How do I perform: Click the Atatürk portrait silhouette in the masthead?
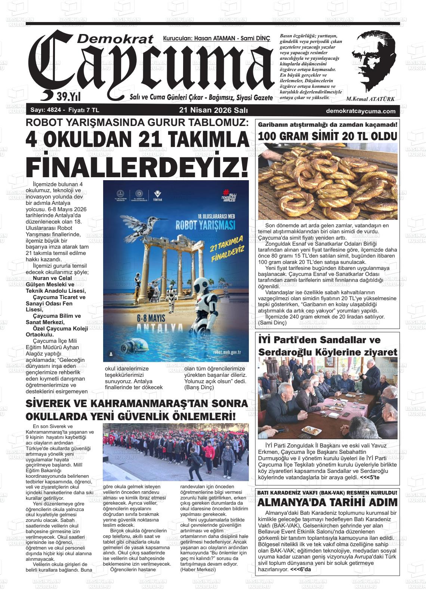pos(374,62)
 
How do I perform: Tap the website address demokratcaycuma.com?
pos(361,111)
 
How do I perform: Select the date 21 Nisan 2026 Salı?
pos(213,111)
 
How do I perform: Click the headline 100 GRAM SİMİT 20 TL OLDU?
pos(327,136)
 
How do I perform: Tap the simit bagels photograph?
pos(327,182)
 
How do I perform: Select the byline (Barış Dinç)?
pos(199,387)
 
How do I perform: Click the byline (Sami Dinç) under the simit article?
pos(272,323)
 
